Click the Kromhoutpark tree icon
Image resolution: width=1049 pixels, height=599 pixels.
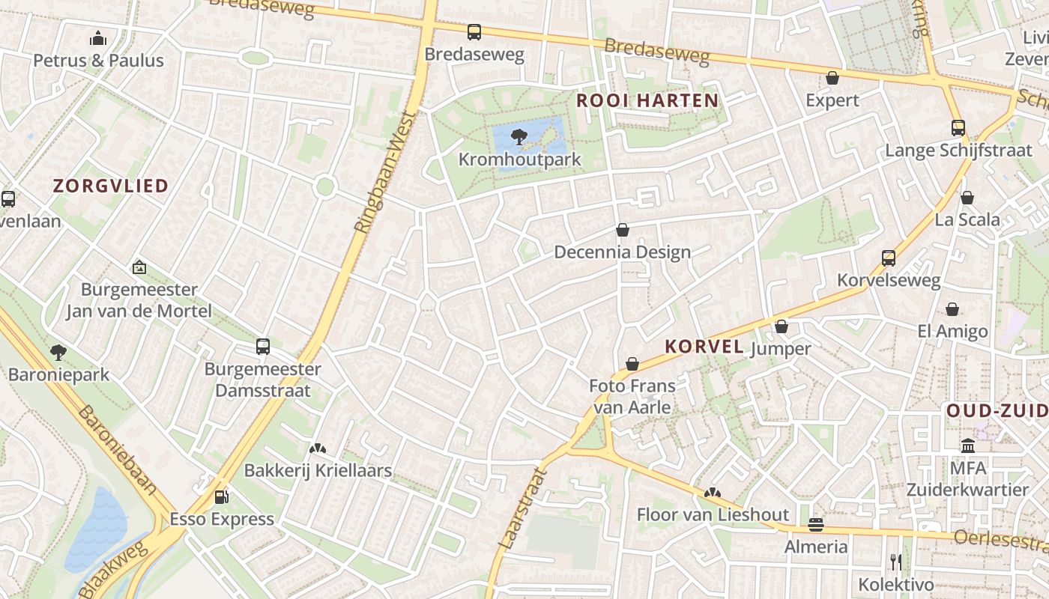coord(517,136)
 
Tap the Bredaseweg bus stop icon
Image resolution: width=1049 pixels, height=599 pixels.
coord(474,32)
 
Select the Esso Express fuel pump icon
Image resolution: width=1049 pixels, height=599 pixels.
coord(221,496)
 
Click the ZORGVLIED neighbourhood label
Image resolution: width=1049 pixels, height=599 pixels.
coord(111,186)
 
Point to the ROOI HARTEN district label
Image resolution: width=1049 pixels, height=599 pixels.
coord(647,100)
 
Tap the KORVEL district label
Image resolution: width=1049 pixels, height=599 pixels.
coord(704,347)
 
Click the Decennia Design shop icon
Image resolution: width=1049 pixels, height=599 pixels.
coord(622,230)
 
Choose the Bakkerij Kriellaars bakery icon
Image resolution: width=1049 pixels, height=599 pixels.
coord(318,449)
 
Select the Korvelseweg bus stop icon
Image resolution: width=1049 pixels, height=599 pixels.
coord(889,258)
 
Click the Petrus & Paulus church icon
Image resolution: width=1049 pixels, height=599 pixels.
coord(98,38)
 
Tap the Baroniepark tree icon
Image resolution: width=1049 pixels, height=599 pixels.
coord(58,352)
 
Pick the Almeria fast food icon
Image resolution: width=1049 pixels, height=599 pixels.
coord(816,525)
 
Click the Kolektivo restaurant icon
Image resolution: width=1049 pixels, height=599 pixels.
coord(896,562)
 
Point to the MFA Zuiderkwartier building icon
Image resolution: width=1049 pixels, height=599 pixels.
coord(967,446)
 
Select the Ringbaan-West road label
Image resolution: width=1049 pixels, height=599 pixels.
coord(385,173)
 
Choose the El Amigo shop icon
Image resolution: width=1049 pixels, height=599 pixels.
coord(952,309)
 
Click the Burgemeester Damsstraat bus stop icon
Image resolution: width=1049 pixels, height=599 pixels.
coord(262,347)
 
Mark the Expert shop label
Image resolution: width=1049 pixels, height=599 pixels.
coord(832,100)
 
